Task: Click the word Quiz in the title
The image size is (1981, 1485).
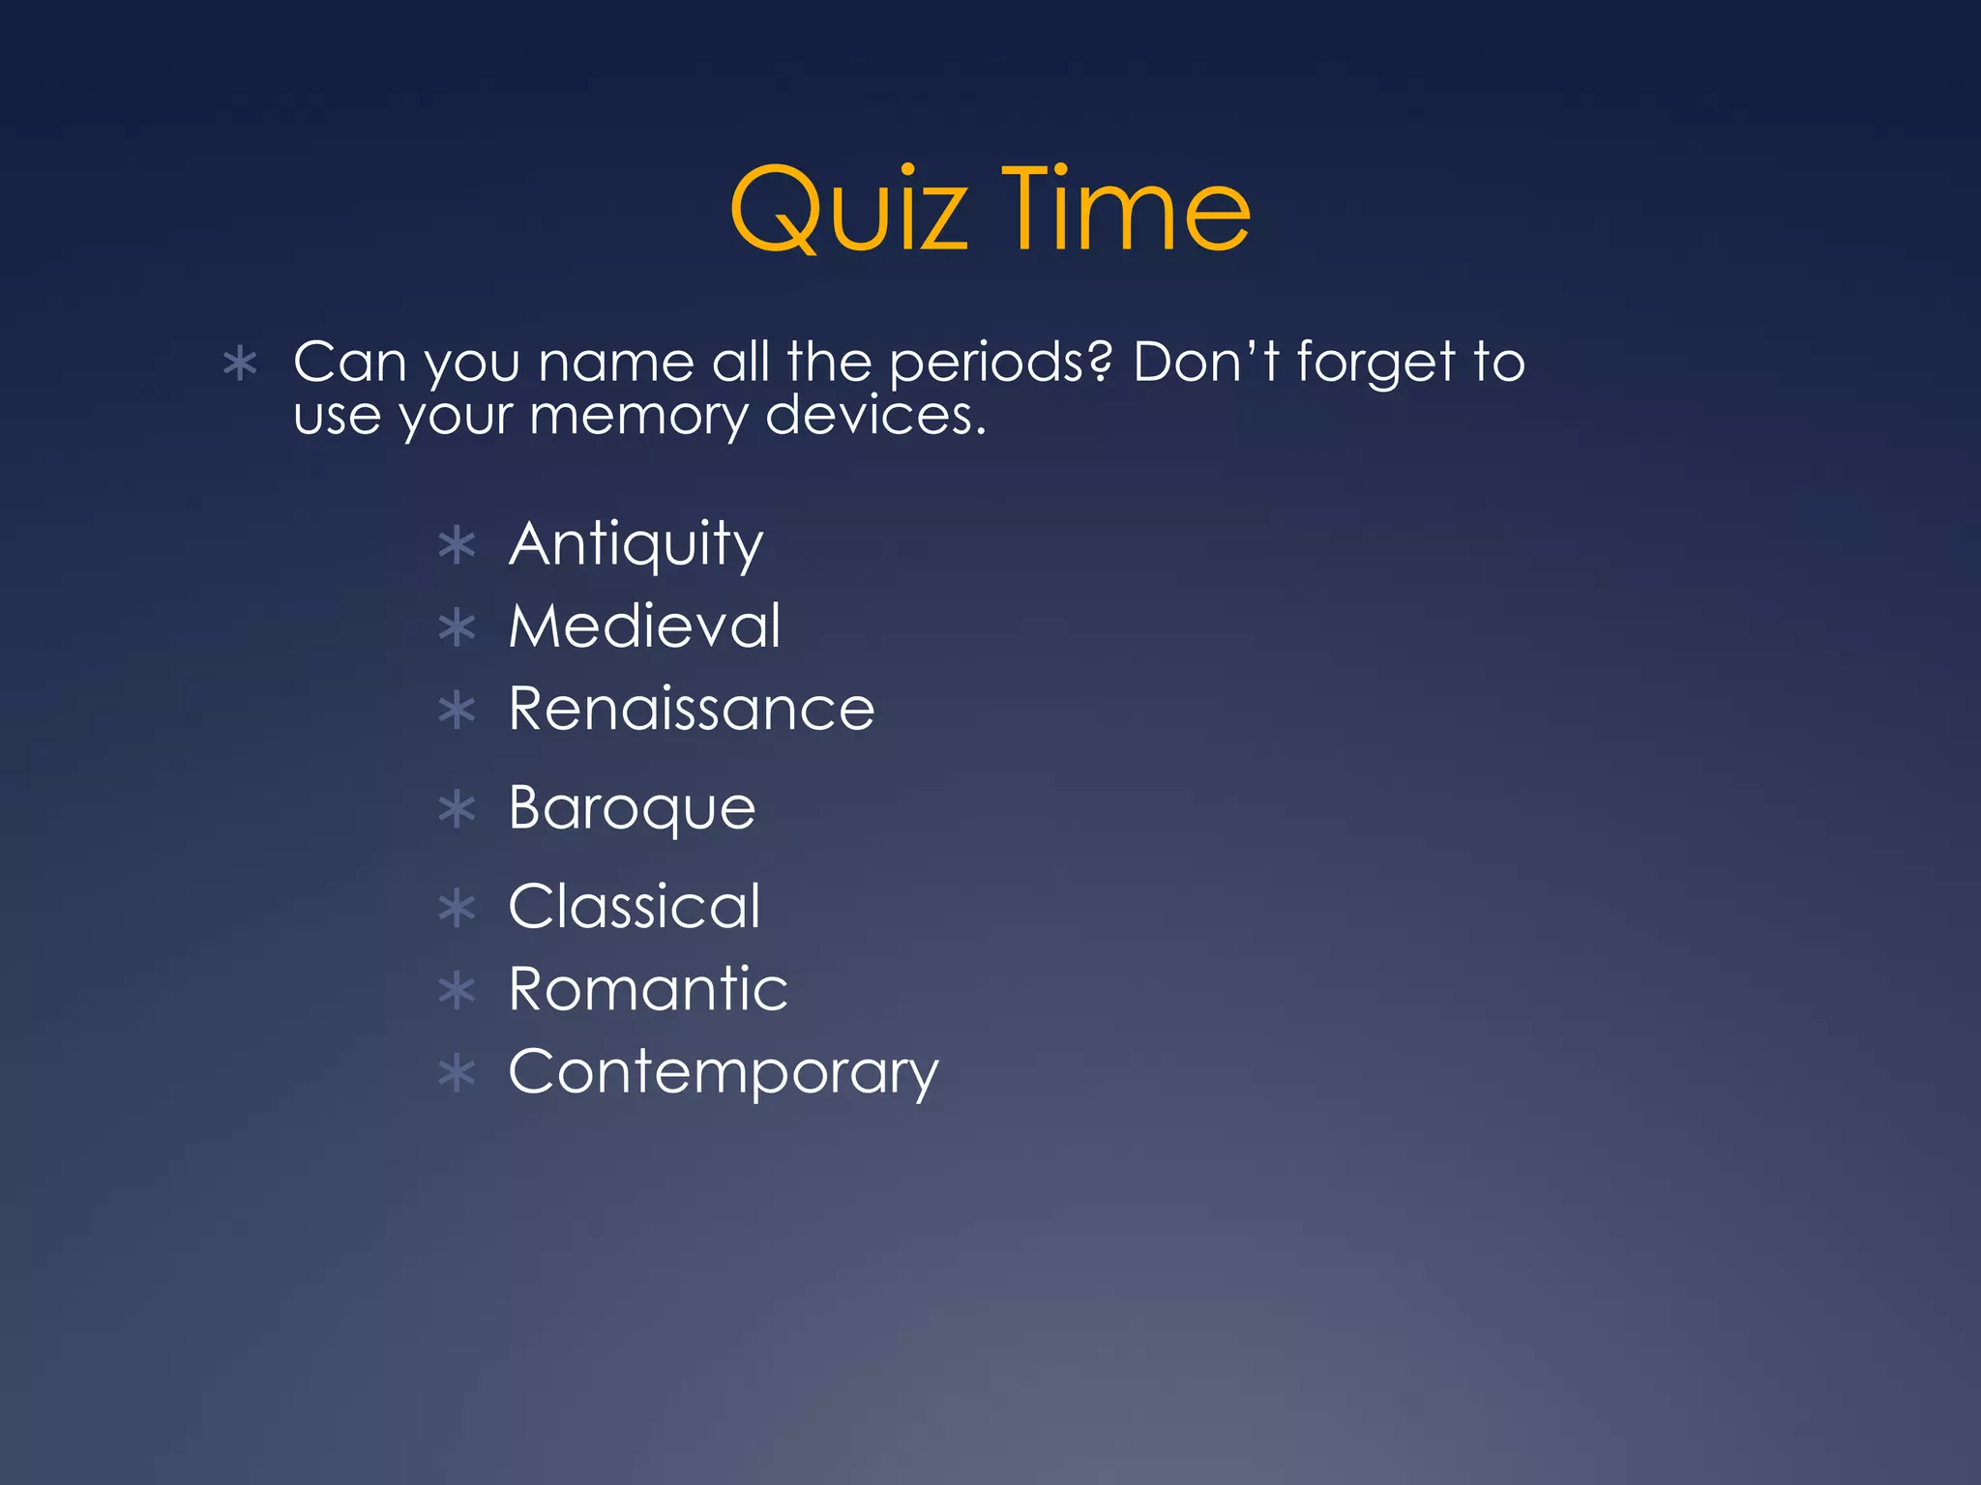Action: pos(848,210)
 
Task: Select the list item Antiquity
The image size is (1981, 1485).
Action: pos(636,544)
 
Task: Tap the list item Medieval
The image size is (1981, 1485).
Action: pos(644,626)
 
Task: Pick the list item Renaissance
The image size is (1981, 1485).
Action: pos(692,709)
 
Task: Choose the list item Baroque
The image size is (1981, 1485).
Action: pos(632,808)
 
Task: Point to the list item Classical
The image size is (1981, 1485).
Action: pos(635,907)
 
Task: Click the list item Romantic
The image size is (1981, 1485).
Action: pos(648,989)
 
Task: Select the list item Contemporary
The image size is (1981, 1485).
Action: pos(724,1072)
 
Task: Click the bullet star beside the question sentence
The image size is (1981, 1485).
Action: pos(240,364)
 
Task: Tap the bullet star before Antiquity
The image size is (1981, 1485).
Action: pos(457,545)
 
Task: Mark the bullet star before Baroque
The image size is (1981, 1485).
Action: pos(457,809)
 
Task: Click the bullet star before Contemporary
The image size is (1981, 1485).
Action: pos(457,1073)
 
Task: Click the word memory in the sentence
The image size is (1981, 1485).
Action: pos(638,418)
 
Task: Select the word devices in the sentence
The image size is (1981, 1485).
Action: pos(875,416)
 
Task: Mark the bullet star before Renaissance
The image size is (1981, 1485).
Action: pos(457,711)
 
